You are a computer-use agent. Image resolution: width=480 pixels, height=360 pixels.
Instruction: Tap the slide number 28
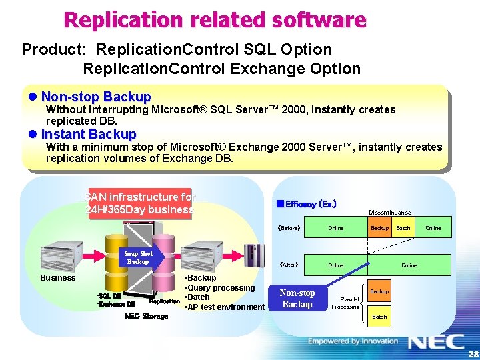pyautogui.click(x=471, y=353)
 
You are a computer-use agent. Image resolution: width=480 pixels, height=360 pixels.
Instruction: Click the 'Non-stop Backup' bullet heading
pyautogui.click(x=96, y=97)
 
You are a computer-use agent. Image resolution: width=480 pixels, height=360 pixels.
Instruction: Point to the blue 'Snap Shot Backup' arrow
pyautogui.click(x=141, y=258)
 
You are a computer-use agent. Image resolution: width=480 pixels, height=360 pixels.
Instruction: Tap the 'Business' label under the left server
pyautogui.click(x=58, y=277)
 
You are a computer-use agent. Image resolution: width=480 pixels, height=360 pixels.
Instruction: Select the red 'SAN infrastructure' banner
pyautogui.click(x=139, y=203)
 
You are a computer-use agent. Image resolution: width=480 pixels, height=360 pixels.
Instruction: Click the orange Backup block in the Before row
pyautogui.click(x=379, y=228)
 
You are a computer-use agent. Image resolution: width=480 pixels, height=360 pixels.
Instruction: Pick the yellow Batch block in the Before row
pyautogui.click(x=403, y=228)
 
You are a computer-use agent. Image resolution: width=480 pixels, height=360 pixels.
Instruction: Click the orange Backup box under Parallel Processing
pyautogui.click(x=379, y=291)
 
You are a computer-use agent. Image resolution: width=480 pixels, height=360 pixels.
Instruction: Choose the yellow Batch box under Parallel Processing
pyautogui.click(x=379, y=317)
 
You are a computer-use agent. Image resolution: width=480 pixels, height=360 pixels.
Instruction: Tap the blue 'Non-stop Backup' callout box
pyautogui.click(x=297, y=299)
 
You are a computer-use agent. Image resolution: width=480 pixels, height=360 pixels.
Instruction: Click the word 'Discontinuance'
pyautogui.click(x=390, y=213)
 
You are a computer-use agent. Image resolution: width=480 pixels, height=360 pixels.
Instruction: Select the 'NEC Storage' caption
pyautogui.click(x=146, y=316)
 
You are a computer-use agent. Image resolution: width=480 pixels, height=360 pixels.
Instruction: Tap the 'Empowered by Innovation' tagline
pyautogui.click(x=353, y=341)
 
